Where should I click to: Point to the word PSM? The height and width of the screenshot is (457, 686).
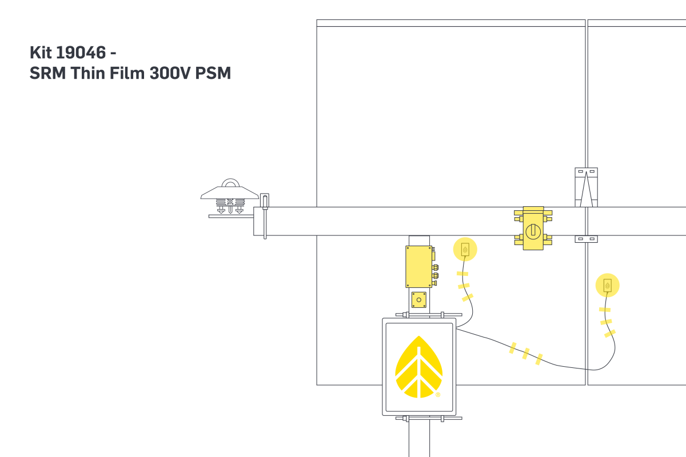click(x=213, y=74)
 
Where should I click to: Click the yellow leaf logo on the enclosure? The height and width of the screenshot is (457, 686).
click(x=418, y=367)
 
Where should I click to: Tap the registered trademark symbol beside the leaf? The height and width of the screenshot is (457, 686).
click(x=438, y=395)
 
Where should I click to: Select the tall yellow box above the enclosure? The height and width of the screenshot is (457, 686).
click(x=419, y=266)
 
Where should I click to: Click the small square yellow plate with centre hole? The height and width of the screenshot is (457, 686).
click(x=419, y=299)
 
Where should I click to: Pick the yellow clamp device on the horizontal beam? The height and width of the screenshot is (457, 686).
click(x=533, y=228)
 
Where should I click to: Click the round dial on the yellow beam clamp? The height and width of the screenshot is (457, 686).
click(x=533, y=230)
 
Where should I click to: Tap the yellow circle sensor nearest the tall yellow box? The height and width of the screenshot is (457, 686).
click(x=465, y=249)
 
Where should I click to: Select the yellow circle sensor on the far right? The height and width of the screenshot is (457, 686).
click(x=607, y=285)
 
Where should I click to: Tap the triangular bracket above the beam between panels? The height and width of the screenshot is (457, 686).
click(x=586, y=187)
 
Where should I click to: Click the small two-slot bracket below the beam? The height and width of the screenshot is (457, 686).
click(x=586, y=239)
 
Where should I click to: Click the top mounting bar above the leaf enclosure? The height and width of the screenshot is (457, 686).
click(x=429, y=314)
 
